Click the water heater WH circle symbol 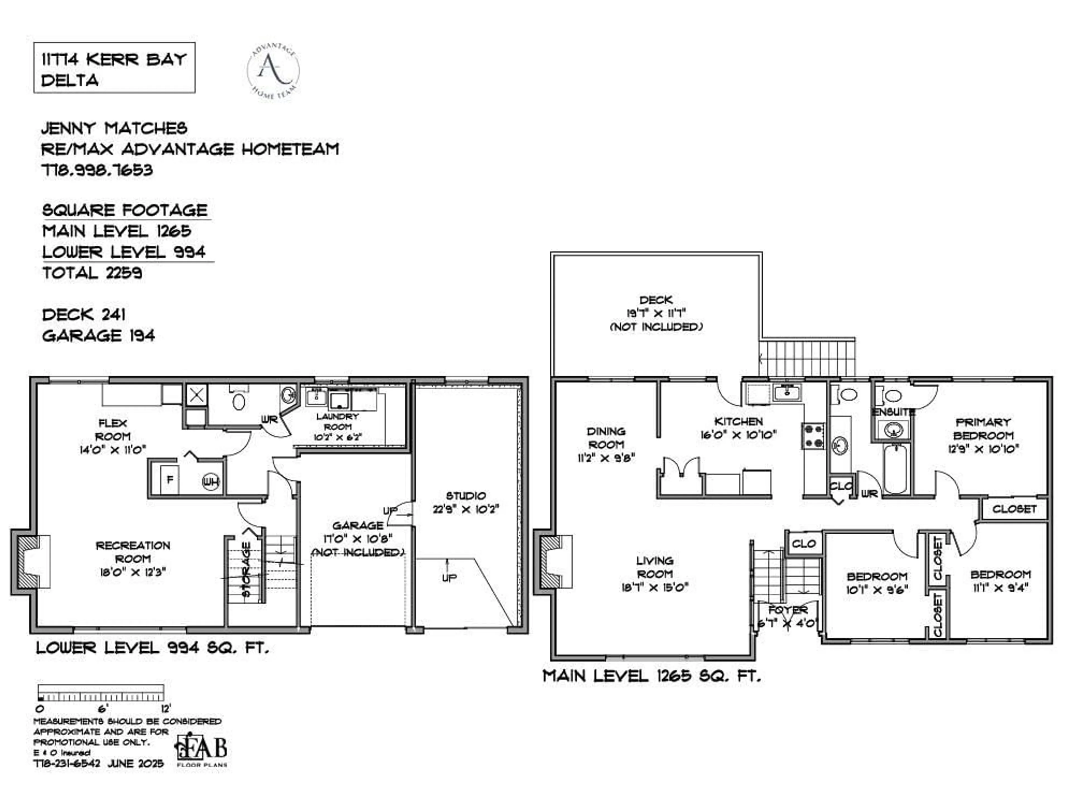coord(211,482)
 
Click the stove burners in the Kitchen coord(813,436)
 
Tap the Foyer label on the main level coord(787,610)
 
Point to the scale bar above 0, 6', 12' coord(100,692)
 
